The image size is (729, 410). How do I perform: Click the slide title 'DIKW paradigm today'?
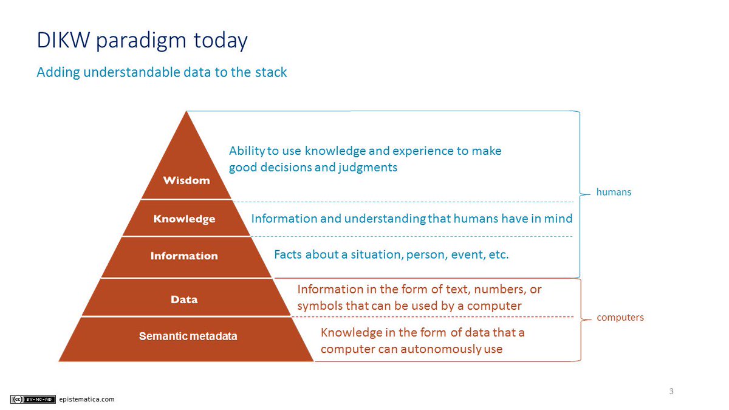coord(142,41)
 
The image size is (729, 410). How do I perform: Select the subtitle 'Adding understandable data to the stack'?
coord(162,72)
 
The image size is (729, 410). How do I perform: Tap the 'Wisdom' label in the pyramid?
coord(187,180)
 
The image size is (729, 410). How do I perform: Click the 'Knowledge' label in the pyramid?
coord(184,219)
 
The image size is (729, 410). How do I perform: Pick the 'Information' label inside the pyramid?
coord(184,256)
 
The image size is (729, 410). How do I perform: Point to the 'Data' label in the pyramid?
coord(184,299)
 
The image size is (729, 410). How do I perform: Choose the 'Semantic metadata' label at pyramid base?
coord(188,336)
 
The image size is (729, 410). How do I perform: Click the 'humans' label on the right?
coord(614,192)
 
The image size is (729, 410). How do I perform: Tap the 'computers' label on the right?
coord(620,317)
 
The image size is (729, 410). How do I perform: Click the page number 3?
coord(671,391)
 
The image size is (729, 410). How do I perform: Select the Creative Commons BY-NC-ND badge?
coord(33,399)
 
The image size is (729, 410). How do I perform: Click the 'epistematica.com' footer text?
coord(87,399)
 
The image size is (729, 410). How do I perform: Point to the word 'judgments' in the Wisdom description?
coord(370,167)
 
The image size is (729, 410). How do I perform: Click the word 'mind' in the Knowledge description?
coord(559,218)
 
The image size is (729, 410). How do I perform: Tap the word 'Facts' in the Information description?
coord(289,255)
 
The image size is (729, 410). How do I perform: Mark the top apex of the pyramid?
coord(187,112)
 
